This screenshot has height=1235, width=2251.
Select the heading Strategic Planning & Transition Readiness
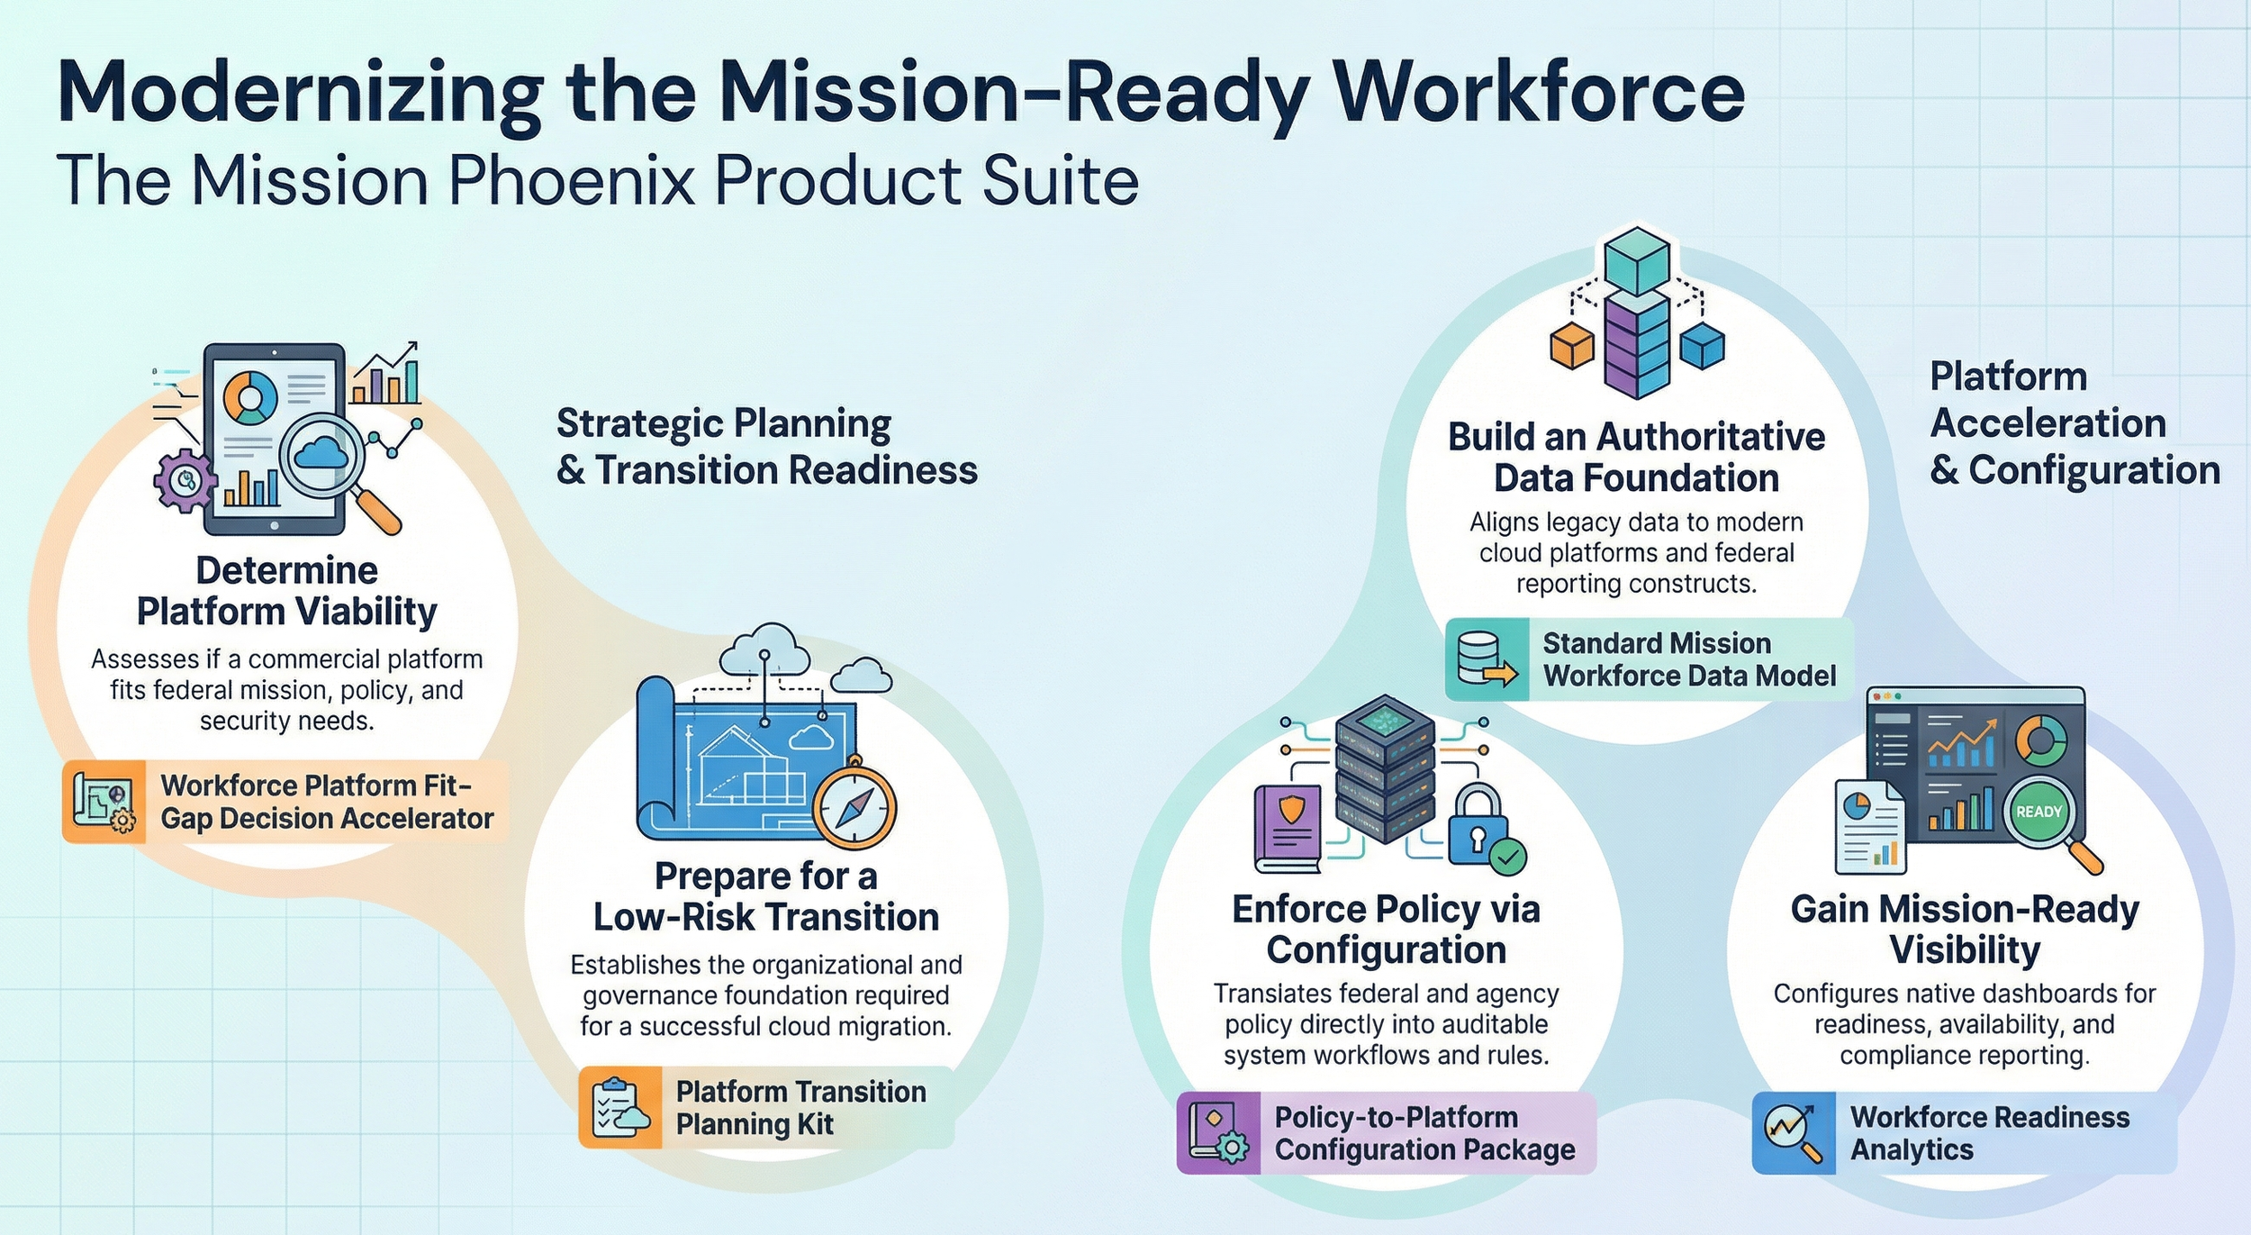tap(766, 447)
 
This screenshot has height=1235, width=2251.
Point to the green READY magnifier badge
tap(2039, 812)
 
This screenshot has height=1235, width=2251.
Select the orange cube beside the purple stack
tap(1571, 345)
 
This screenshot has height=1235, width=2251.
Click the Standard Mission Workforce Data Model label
tap(1688, 659)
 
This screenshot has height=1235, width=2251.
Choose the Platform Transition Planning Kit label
tap(800, 1107)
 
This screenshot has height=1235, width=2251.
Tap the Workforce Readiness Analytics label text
tap(1989, 1132)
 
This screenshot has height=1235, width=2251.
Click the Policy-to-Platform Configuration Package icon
tap(1218, 1132)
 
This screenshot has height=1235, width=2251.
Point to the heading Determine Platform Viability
tap(286, 591)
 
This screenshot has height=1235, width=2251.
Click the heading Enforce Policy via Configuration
tap(1386, 930)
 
